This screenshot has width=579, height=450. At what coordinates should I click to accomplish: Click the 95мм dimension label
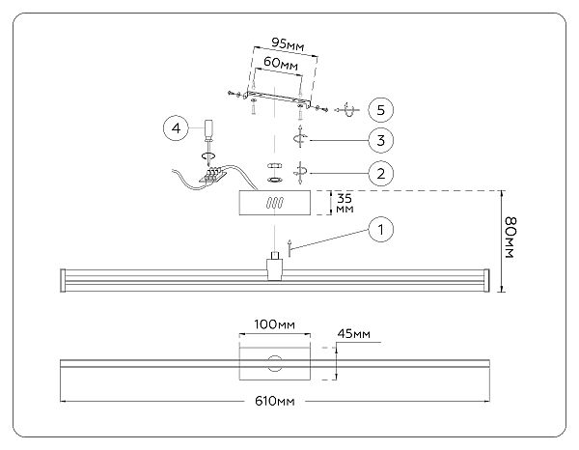tap(286, 43)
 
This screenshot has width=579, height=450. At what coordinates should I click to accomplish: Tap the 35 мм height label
tap(344, 204)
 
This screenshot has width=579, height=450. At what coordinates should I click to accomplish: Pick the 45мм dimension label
tap(354, 334)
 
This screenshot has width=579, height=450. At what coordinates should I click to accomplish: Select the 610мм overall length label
tap(275, 399)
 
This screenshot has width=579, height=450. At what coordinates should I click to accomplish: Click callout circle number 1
tap(382, 230)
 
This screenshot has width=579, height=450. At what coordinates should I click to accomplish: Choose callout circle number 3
tap(382, 140)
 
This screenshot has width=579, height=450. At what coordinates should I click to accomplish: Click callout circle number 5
tap(382, 108)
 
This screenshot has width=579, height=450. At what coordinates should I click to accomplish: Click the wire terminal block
tap(214, 175)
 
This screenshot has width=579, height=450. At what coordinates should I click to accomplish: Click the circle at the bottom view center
tap(276, 364)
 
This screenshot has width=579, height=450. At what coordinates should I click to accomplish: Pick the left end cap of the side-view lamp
tap(65, 281)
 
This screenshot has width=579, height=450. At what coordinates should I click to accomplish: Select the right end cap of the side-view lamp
tap(488, 281)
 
